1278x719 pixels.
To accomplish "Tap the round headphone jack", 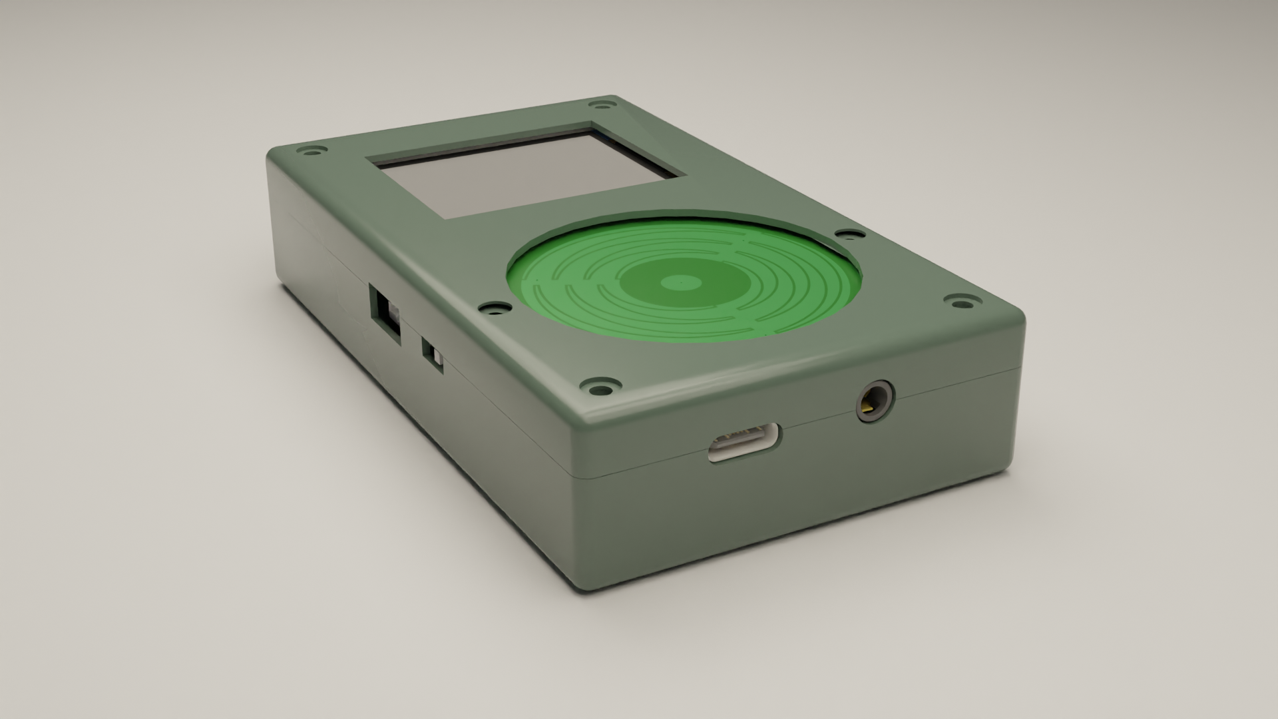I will click(x=874, y=401).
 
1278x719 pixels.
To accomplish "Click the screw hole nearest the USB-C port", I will click(x=600, y=387).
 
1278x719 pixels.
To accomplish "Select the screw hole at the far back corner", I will click(x=602, y=105).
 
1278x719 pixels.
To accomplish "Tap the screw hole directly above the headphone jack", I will click(x=960, y=303).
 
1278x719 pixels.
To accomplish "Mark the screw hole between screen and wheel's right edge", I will click(x=849, y=234).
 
